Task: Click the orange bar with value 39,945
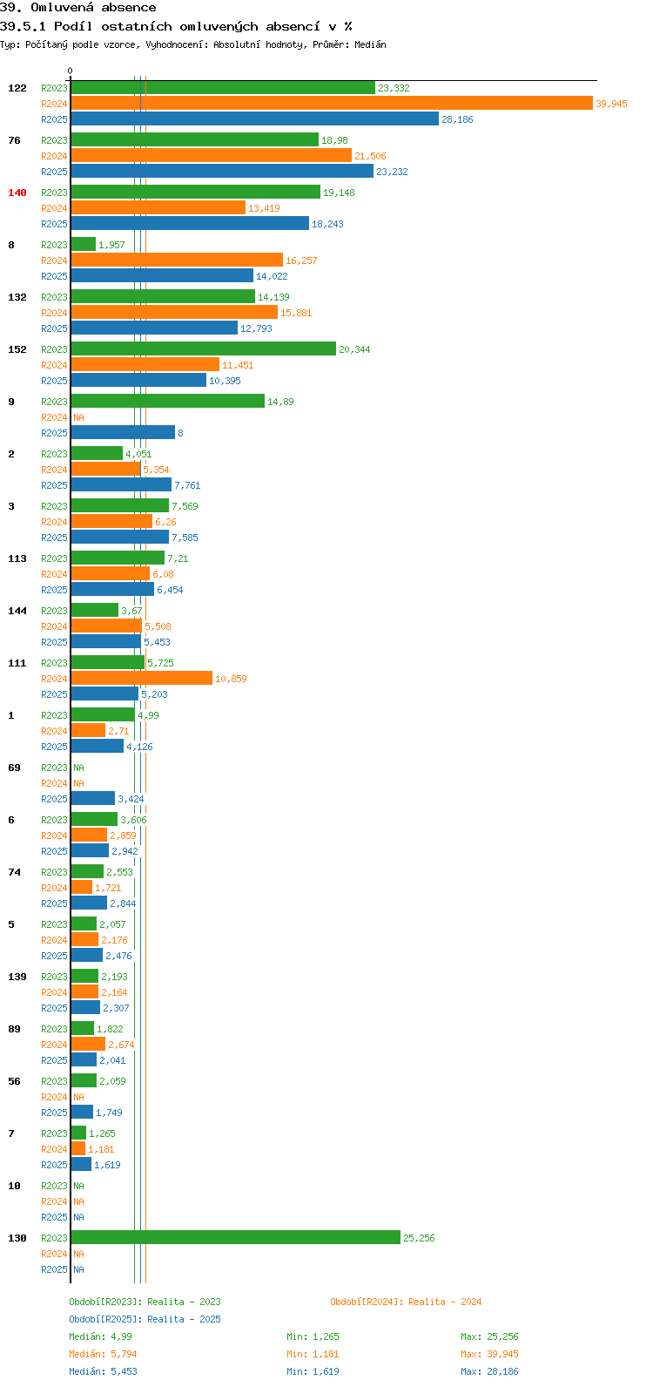(332, 104)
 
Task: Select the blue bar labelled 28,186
(255, 118)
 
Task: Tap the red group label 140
(17, 193)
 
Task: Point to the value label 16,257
(301, 260)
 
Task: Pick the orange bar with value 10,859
(142, 678)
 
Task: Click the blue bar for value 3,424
(93, 798)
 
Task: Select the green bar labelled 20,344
(204, 349)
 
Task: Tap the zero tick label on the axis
(70, 71)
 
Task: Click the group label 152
(17, 349)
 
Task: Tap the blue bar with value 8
(123, 432)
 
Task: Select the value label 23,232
(393, 172)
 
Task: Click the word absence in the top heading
(129, 8)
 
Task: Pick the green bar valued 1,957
(84, 245)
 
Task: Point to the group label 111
(17, 663)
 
